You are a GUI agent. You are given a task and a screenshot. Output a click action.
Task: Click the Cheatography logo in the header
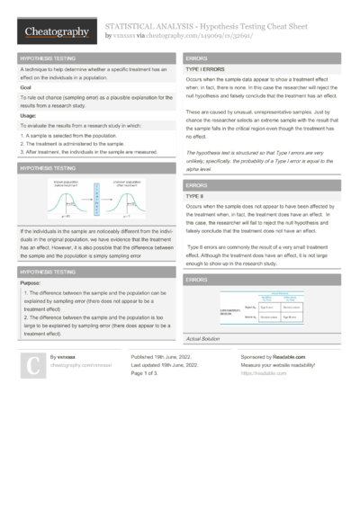coord(55,32)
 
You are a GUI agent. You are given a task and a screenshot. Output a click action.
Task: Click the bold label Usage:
coord(29,115)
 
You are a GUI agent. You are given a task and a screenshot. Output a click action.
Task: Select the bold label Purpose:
coord(32,282)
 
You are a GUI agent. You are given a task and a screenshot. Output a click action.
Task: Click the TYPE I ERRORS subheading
coord(205,68)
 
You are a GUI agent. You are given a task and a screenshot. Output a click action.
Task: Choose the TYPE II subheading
coord(196,194)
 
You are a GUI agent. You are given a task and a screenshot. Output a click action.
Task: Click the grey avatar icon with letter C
coord(31,365)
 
